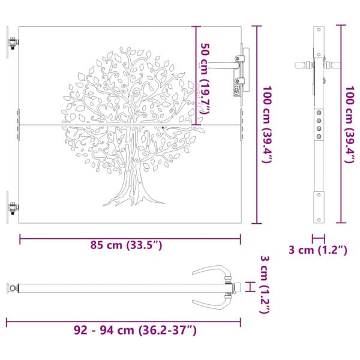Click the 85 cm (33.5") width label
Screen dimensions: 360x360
[125, 245]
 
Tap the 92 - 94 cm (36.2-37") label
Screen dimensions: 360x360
[135, 330]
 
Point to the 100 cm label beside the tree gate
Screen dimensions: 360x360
[268, 124]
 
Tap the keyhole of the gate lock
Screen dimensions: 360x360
[238, 89]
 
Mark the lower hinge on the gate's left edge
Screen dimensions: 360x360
[12, 208]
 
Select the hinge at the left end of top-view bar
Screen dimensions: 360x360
[11, 288]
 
